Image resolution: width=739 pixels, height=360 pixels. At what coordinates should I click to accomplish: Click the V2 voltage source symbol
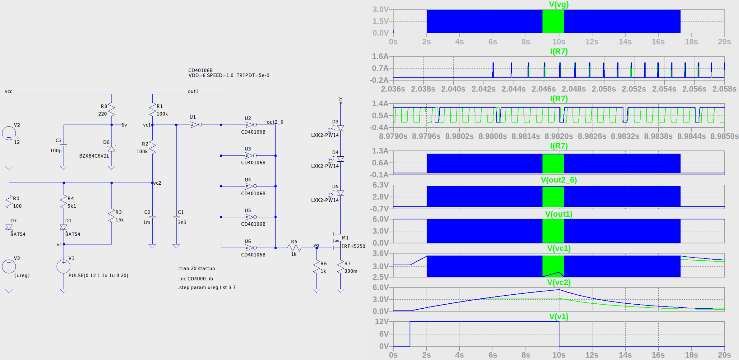(9, 133)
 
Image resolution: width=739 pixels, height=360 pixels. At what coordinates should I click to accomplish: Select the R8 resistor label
(104, 106)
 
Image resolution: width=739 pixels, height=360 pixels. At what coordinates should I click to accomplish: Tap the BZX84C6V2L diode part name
(94, 156)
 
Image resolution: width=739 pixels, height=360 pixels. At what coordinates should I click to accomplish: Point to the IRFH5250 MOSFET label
(353, 246)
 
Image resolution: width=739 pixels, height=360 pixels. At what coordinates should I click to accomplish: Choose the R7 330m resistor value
(351, 271)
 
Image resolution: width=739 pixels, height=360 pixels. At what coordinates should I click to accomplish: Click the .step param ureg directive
(207, 287)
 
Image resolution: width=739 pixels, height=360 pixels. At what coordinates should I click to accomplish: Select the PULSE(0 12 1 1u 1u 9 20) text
(98, 275)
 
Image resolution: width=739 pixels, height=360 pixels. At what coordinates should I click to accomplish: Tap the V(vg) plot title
(559, 4)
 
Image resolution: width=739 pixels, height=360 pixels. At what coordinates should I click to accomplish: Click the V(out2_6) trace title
(559, 180)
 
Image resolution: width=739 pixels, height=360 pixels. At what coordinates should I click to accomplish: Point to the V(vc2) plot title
(559, 282)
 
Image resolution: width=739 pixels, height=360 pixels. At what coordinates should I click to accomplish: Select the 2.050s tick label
(604, 89)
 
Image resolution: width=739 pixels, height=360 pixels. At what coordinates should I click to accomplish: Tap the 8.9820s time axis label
(558, 136)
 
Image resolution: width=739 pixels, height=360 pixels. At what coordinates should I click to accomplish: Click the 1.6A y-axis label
(380, 56)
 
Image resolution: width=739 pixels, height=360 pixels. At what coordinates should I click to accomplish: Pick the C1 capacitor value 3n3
(182, 222)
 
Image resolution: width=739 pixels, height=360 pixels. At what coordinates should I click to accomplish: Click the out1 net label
(193, 91)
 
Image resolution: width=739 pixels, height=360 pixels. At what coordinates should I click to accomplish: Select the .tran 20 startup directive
(197, 268)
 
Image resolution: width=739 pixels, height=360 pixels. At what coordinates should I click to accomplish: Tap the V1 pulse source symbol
(64, 267)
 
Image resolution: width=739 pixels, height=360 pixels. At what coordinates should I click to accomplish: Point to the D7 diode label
(13, 220)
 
